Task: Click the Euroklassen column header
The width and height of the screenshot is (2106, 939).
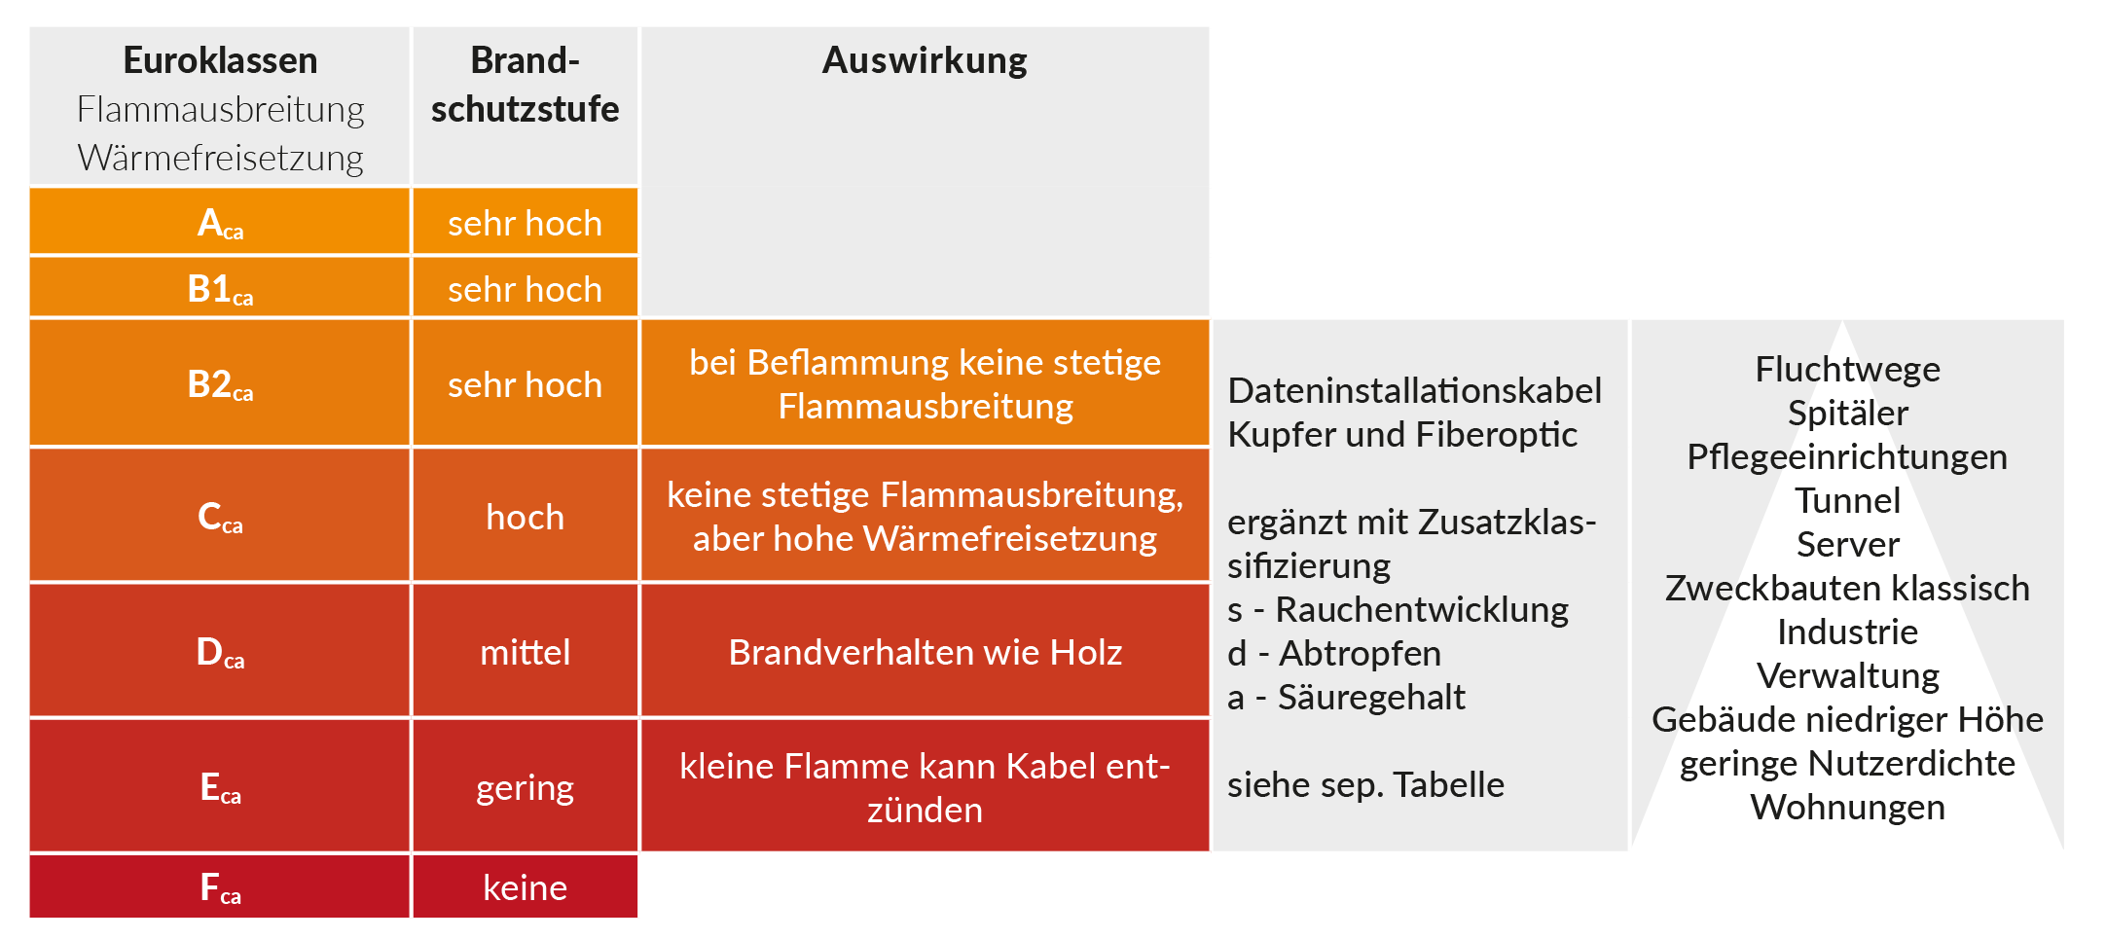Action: coord(220,107)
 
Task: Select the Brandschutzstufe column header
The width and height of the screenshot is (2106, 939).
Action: coord(526,107)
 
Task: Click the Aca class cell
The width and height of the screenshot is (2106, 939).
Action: coord(220,222)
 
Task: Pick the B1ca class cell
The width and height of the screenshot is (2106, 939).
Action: coord(220,288)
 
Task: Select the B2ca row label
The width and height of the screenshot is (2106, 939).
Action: coord(220,383)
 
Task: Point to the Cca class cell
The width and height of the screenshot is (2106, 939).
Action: coord(220,516)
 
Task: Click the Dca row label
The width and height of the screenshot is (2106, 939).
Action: coord(220,651)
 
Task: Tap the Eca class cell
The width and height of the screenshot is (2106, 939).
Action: coord(220,786)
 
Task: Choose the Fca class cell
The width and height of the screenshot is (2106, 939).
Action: coord(220,886)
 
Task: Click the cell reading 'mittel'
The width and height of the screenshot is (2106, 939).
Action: coord(526,651)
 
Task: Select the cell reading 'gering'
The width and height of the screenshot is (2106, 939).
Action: coord(526,786)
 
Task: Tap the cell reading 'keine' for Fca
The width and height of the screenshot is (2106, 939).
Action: coord(526,886)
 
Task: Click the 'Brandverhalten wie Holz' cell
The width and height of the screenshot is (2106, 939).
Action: coord(925,651)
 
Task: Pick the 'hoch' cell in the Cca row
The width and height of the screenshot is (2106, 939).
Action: coord(526,516)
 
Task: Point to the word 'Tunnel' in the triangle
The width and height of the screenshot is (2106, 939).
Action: coord(1847,500)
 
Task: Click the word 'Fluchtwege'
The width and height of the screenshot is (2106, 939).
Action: coord(1847,369)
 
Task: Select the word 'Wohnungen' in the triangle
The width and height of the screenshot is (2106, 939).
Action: coord(1847,808)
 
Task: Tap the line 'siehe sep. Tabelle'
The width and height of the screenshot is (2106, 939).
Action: coord(1365,784)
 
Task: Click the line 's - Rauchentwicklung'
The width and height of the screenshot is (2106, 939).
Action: coord(1398,609)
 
